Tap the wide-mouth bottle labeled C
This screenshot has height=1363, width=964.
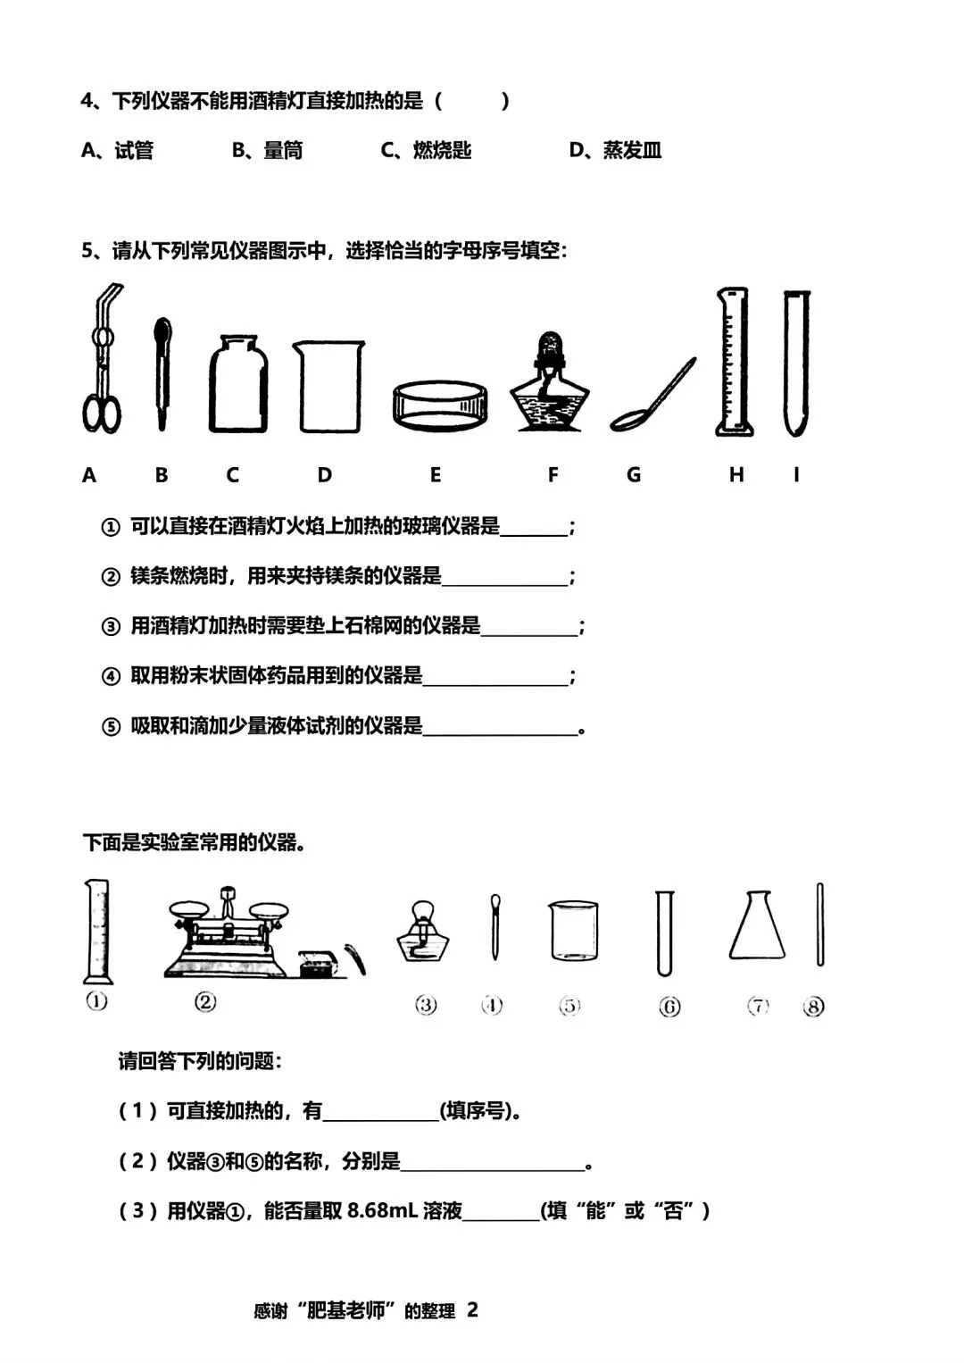pos(237,383)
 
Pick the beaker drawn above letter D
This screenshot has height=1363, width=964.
pos(329,386)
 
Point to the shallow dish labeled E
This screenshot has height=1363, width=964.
pos(440,406)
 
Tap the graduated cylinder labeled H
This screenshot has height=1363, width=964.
pos(734,362)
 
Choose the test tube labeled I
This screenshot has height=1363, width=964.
pos(797,364)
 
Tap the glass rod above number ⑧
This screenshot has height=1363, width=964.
pos(820,924)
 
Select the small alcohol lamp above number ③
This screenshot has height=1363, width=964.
pos(423,931)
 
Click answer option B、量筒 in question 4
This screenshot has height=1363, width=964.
pos(267,150)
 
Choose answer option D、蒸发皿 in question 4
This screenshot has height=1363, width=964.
pos(615,150)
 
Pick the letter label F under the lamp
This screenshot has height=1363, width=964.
pos(553,474)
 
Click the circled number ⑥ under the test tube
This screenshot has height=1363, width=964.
pos(669,1007)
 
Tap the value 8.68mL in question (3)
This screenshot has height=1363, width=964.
pos(381,1211)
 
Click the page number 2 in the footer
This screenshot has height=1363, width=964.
pos(472,1309)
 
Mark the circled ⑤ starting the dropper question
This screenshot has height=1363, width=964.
pos(111,726)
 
